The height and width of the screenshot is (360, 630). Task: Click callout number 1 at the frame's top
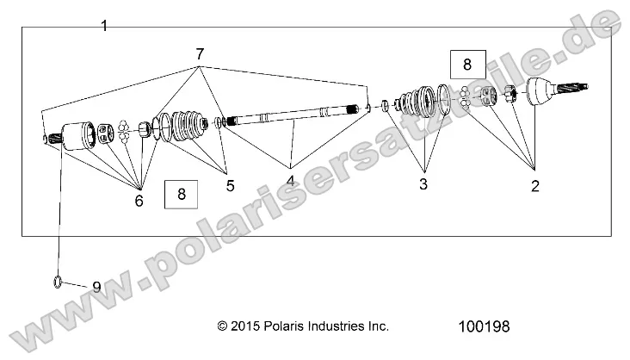[x=104, y=26]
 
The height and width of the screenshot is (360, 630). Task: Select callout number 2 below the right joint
[x=534, y=185]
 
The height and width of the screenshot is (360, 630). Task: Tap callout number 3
[x=423, y=183]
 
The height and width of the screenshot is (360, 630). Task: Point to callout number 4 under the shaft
[x=291, y=181]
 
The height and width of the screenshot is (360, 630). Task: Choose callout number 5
[x=229, y=185]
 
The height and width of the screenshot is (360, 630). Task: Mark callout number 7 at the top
[x=200, y=54]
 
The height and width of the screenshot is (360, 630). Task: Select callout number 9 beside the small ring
[x=96, y=287]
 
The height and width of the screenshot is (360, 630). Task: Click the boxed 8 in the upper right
[x=466, y=65]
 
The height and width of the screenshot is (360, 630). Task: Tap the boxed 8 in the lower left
[x=181, y=194]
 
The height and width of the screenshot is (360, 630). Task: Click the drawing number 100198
[x=486, y=327]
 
